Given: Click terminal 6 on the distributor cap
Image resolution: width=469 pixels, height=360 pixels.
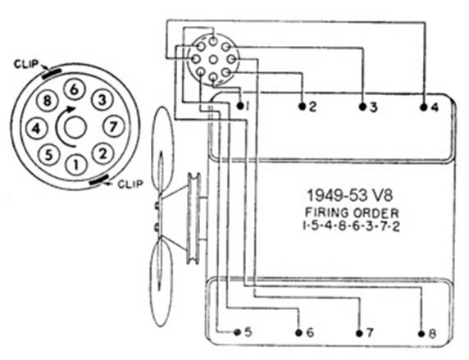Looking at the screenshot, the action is [x=75, y=89].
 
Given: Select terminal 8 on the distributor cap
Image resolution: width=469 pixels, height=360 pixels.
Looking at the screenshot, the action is [x=47, y=101].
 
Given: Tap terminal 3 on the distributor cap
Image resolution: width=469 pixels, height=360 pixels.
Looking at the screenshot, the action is [x=102, y=100].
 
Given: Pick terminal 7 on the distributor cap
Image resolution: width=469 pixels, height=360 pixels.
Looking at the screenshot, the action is [x=113, y=127].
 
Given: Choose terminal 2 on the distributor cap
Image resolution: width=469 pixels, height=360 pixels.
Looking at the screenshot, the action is [x=102, y=154].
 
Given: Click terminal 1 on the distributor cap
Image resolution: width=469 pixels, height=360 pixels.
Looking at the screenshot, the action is [x=76, y=164].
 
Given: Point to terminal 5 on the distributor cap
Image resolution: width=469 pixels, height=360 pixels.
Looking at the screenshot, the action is [x=49, y=155].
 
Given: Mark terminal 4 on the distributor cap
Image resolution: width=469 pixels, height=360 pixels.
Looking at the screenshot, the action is [x=37, y=129].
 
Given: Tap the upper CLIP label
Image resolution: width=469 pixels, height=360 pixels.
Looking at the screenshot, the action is [x=26, y=64].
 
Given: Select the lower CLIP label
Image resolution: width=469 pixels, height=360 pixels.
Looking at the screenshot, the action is [x=130, y=184].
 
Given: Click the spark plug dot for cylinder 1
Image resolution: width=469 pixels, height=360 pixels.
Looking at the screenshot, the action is [x=240, y=106].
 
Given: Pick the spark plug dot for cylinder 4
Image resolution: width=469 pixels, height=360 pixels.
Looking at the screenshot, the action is [x=424, y=107].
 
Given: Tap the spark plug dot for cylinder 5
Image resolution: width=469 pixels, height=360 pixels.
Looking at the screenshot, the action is [x=237, y=332].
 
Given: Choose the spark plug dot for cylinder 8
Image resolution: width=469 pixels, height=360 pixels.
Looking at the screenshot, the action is [x=421, y=334].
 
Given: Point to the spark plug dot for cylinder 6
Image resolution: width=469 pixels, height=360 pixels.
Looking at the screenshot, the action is [x=298, y=333].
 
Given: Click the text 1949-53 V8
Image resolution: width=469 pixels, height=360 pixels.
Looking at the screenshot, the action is [x=350, y=196].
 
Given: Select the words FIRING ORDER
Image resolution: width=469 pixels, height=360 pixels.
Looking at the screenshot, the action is [x=352, y=213].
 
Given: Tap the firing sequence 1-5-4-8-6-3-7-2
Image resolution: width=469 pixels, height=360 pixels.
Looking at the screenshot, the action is [x=351, y=226].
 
